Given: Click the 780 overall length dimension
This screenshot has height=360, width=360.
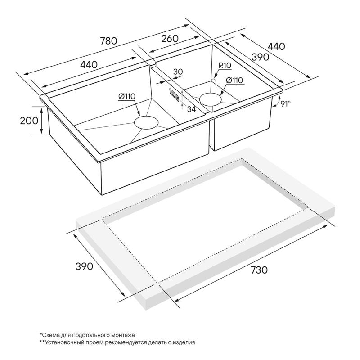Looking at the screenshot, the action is coord(109,41).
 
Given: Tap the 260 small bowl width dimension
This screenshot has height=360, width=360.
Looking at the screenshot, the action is coord(170,39).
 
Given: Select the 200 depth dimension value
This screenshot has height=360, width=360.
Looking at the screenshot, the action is coord(29,121).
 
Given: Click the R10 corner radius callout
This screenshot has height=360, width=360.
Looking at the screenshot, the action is coord(225,65).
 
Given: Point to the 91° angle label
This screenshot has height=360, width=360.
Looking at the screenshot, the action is coord(285,104).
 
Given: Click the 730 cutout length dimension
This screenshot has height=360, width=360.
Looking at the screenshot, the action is coord(259,270).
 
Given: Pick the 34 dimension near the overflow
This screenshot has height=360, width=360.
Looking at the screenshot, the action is coord(191,109).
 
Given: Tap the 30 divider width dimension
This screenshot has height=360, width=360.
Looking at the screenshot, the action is coord(178,72).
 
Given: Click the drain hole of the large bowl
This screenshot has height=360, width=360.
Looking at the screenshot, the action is coord(146,122).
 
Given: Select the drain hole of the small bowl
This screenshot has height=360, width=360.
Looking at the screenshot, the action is coord(211,99).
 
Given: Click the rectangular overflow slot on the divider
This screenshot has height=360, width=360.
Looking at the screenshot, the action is coord(174,94).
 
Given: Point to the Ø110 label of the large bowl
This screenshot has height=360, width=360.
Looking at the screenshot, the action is coord(127,96).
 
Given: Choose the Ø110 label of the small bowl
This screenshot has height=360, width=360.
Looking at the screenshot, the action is coord(234,81).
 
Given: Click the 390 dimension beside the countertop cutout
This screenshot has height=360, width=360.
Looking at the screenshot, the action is coord(84,266).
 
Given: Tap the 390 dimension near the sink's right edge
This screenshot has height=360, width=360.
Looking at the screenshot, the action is coord(260,57).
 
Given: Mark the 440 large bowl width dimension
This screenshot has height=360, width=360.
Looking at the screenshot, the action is coord(89,65).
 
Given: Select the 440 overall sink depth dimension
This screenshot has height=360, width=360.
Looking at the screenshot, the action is coord(276,46).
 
